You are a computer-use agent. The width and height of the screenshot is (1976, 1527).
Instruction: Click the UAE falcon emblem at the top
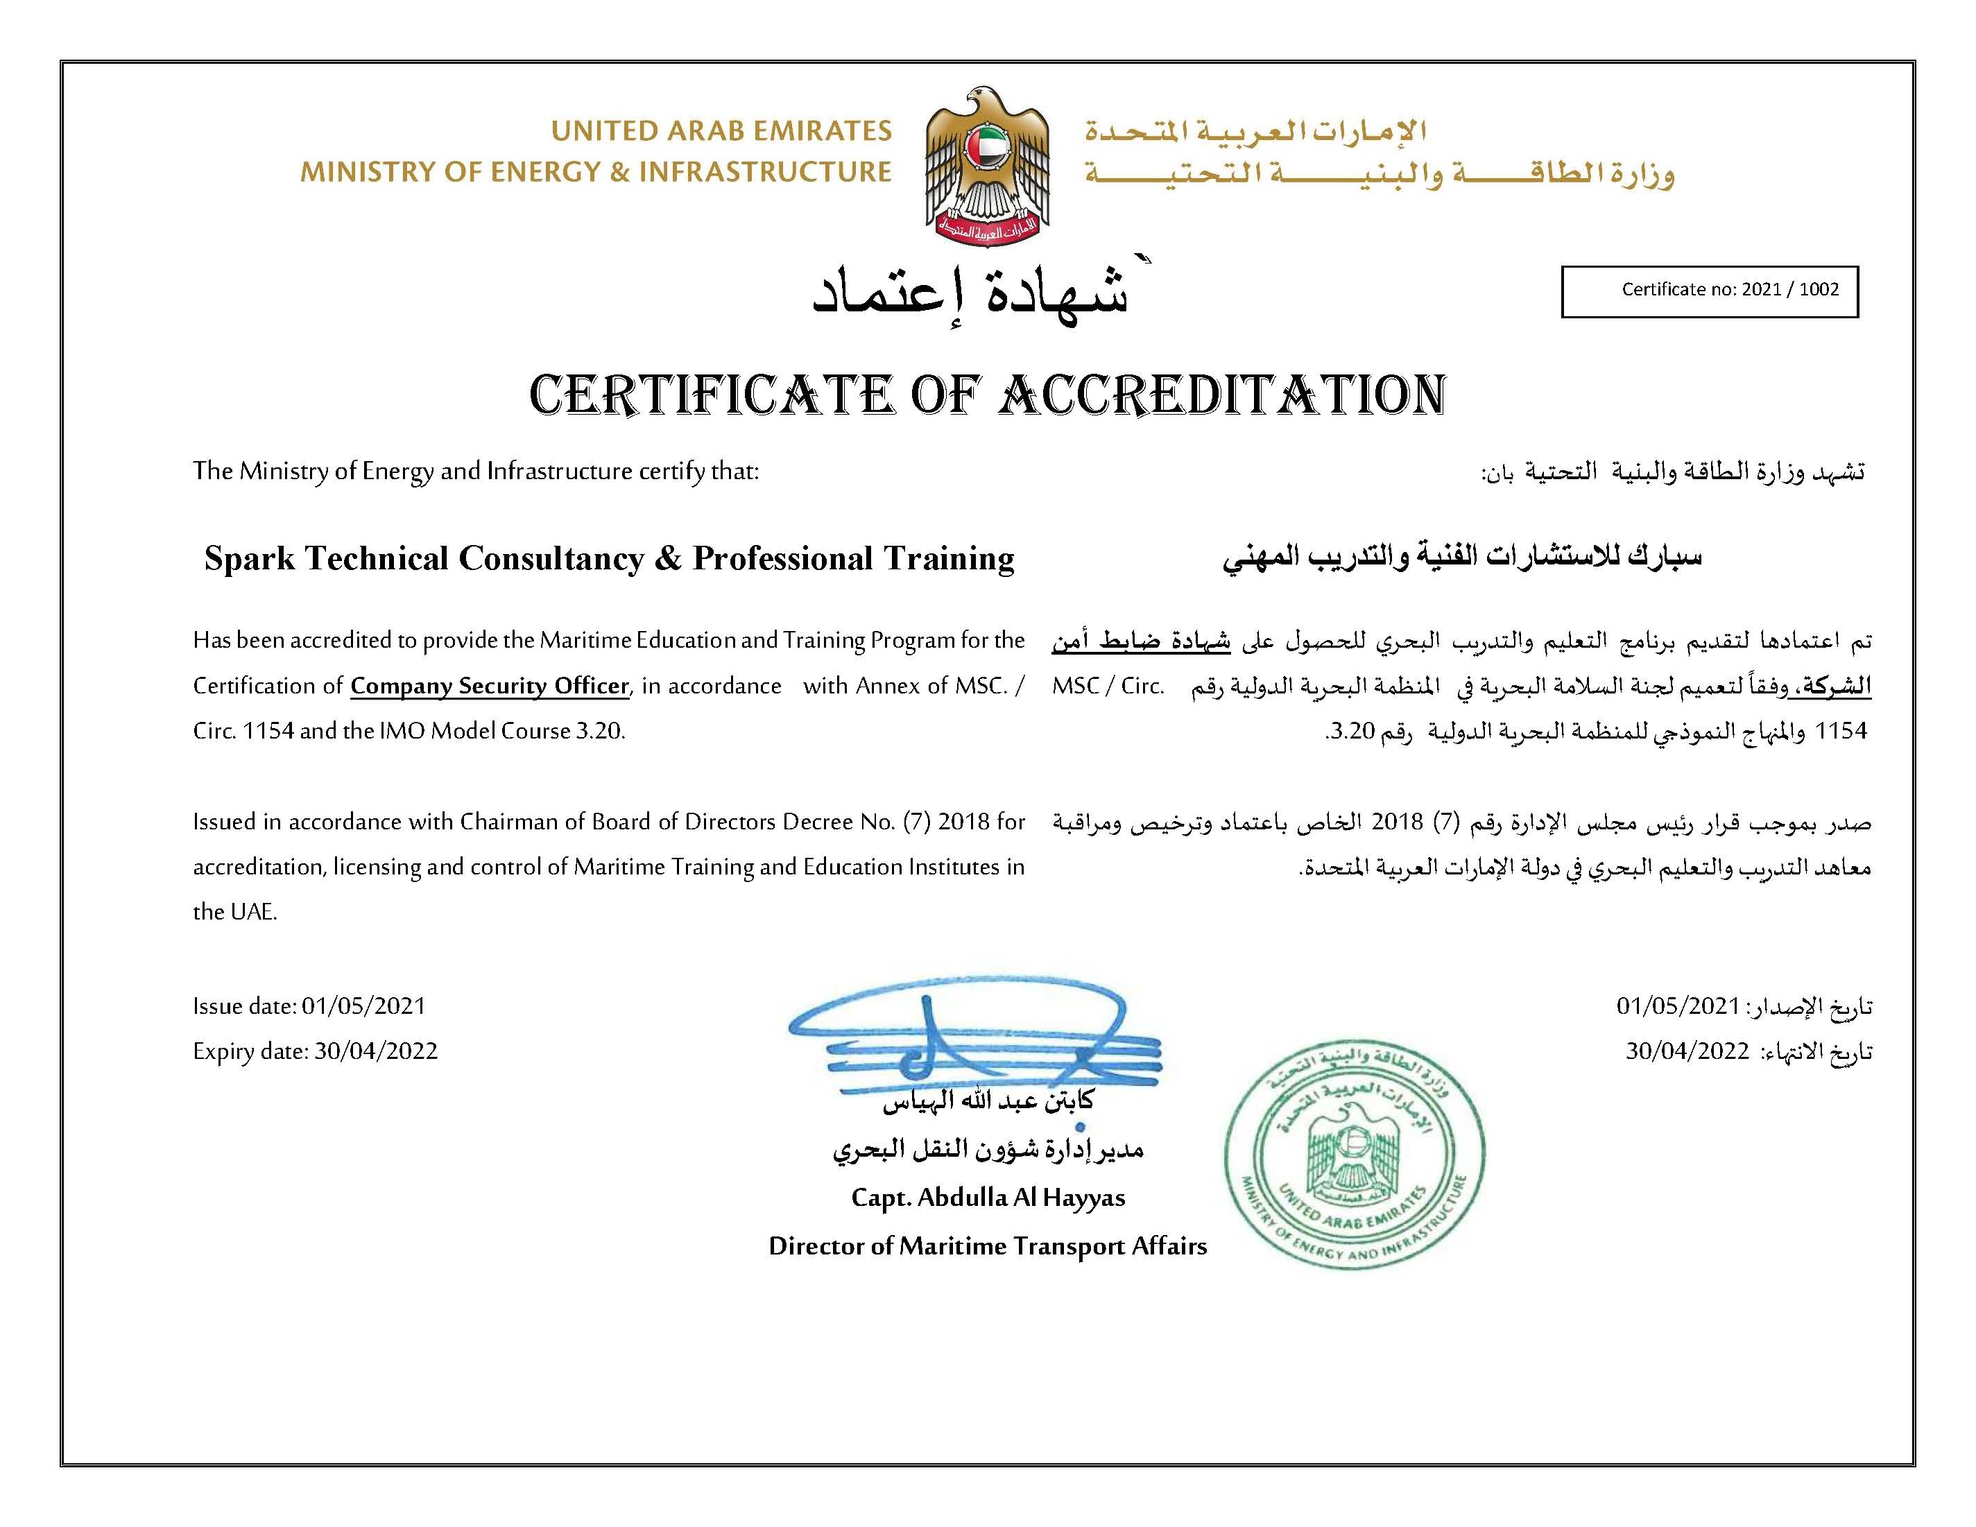[987, 166]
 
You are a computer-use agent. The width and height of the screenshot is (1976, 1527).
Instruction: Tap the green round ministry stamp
[1355, 1155]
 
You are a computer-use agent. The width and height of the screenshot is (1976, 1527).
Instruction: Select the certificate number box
[1709, 291]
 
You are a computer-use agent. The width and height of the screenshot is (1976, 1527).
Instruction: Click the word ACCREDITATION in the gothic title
[1221, 395]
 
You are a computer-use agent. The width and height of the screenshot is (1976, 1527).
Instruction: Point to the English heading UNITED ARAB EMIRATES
[721, 131]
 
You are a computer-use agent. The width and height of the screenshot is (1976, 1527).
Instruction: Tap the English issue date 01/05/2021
[363, 1006]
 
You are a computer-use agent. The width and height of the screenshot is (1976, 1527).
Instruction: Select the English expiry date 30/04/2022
[375, 1051]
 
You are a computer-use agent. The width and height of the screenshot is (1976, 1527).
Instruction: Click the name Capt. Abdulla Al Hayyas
[988, 1198]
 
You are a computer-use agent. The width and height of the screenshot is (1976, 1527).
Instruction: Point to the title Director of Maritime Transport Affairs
[988, 1247]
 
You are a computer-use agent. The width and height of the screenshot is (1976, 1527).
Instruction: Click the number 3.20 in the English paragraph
[599, 731]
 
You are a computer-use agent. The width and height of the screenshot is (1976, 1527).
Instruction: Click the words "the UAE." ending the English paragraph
[235, 912]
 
